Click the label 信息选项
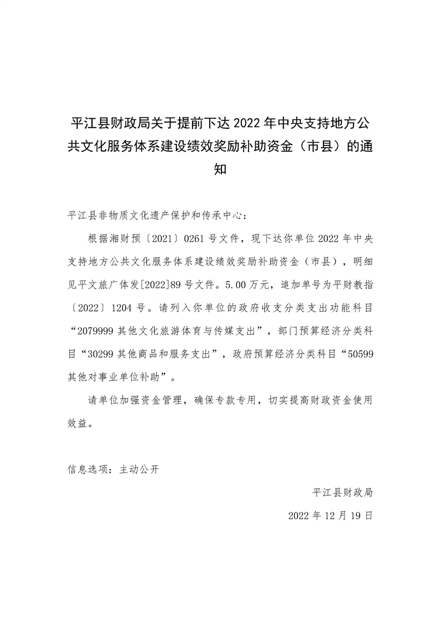coord(88,469)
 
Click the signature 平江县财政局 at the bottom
coord(342,492)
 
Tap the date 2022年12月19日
coord(330,515)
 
